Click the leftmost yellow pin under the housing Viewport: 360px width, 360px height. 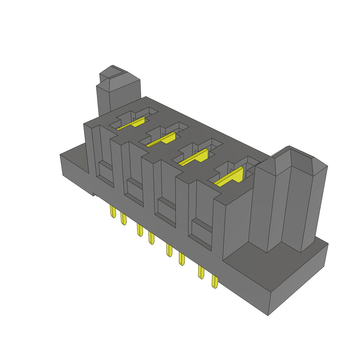click(x=113, y=212)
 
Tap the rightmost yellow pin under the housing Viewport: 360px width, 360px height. click(x=214, y=282)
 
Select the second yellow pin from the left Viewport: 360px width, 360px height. click(x=123, y=219)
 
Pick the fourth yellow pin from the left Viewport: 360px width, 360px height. click(x=151, y=238)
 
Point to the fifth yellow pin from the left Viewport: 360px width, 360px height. click(x=169, y=250)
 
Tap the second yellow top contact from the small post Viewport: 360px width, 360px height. click(x=163, y=140)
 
